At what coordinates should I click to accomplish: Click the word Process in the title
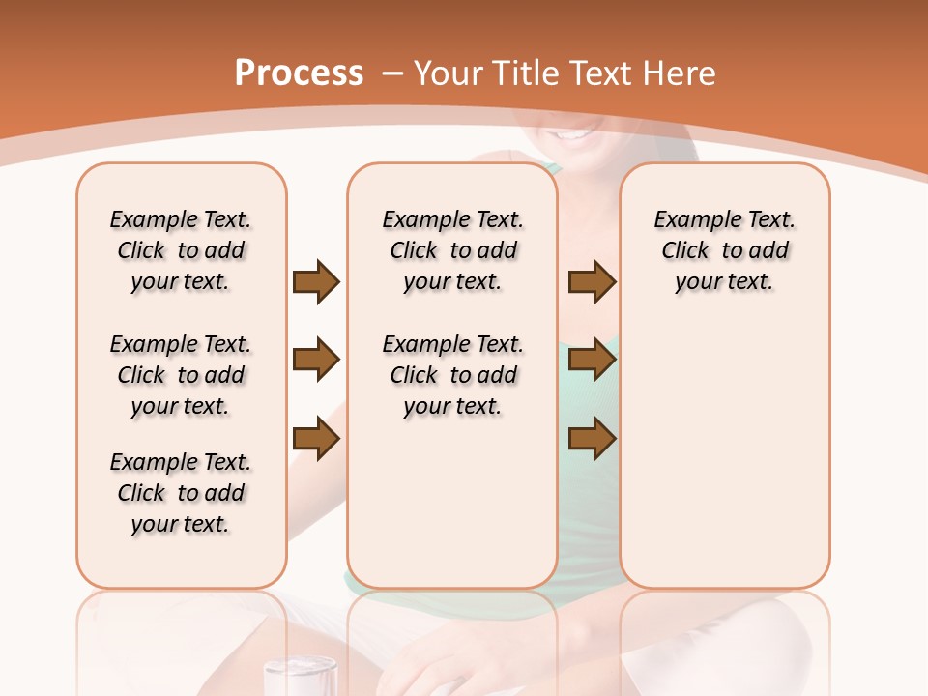tap(299, 73)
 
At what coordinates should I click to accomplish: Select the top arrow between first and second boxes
tap(316, 282)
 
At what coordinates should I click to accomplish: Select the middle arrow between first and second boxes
tap(316, 361)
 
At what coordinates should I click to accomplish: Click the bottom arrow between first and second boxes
tap(316, 440)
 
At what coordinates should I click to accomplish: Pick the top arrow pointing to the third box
tap(592, 282)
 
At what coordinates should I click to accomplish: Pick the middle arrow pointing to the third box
tap(592, 361)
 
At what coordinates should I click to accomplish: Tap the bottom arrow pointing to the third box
tap(592, 440)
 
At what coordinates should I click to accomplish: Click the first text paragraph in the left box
tap(181, 250)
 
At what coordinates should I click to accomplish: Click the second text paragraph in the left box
tap(181, 375)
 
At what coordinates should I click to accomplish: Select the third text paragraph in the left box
tap(181, 493)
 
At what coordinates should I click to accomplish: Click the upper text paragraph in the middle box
tap(452, 250)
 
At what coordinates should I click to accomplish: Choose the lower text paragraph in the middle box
tap(452, 375)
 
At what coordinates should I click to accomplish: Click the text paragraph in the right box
tap(725, 250)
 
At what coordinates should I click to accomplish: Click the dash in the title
tap(392, 73)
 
